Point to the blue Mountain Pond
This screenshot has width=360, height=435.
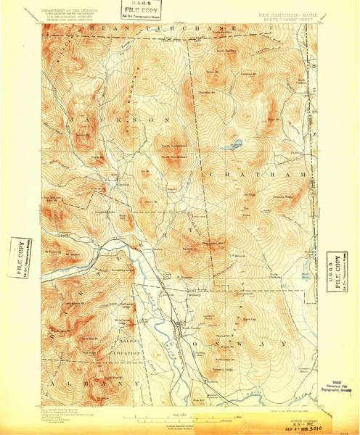(235, 144)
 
